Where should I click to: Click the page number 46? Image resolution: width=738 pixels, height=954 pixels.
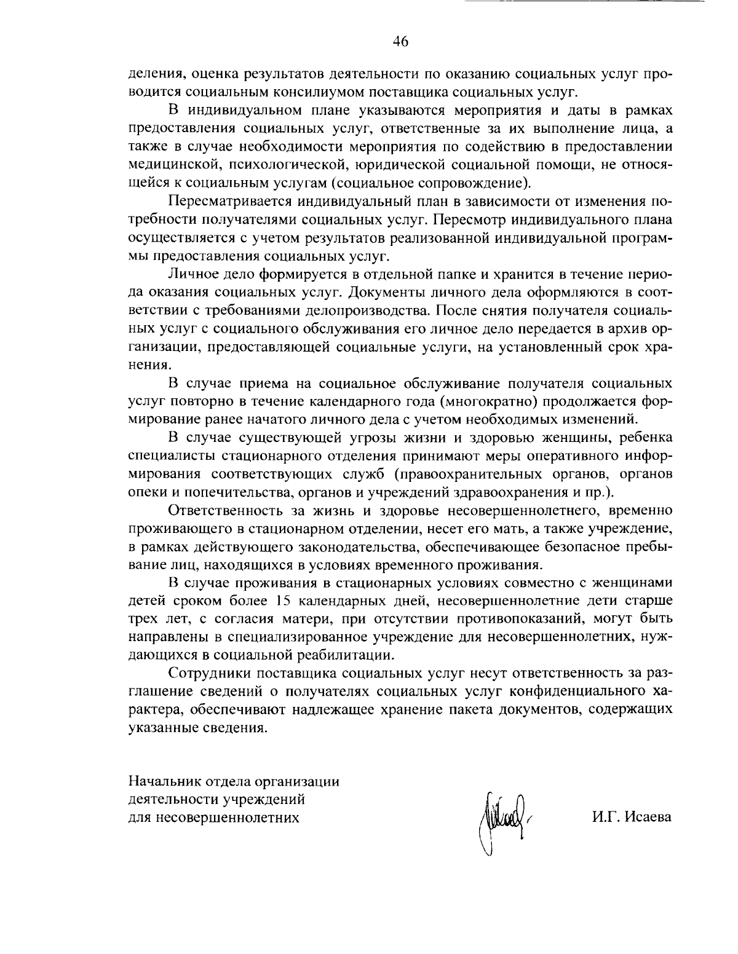[x=400, y=42]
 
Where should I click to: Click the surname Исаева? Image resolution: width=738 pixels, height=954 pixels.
[x=648, y=818]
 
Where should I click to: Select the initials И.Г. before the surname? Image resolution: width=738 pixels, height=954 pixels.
[x=607, y=818]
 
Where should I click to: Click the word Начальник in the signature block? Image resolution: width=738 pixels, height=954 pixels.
[x=160, y=783]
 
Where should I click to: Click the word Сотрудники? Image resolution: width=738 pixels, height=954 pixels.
[x=206, y=672]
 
